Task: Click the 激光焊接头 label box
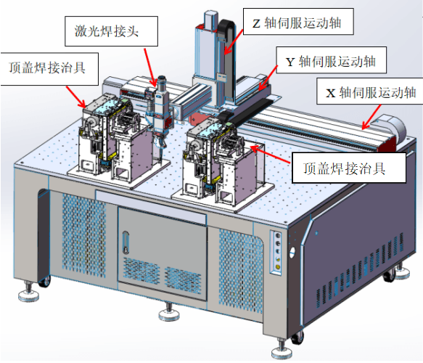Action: pos(111,31)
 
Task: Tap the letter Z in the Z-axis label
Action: pos(256,23)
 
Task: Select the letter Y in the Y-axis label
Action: pos(290,62)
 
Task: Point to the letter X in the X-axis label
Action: pos(330,94)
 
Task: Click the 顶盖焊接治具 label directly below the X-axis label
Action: pos(349,168)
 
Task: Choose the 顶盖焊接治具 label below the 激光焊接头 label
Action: pos(49,69)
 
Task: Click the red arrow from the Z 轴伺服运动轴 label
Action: pos(234,41)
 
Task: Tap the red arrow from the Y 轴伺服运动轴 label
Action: pos(268,78)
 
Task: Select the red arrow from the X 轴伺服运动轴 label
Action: pos(371,117)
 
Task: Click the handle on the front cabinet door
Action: pos(126,242)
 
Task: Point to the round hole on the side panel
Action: pos(292,253)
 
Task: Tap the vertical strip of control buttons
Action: pos(276,252)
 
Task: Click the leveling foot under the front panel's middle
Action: pos(169,312)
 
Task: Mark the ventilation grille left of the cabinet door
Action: pos(83,235)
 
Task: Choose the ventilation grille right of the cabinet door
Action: pos(240,271)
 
